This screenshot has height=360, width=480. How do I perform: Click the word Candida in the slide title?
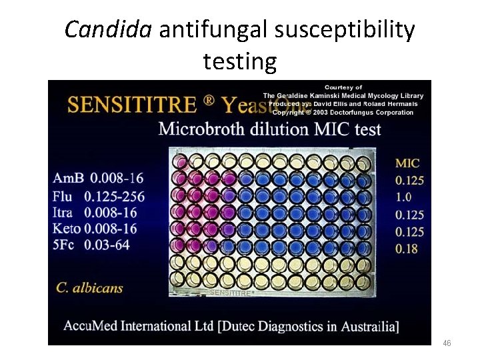[109, 30]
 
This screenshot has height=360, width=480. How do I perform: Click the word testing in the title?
[240, 61]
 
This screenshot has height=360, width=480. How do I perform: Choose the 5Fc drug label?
[66, 245]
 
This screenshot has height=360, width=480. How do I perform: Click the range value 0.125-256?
[114, 196]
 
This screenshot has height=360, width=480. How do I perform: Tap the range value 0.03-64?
[109, 245]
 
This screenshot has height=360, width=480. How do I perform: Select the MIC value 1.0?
[403, 197]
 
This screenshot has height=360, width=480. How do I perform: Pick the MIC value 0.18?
[406, 249]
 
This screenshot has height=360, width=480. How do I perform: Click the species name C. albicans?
[89, 288]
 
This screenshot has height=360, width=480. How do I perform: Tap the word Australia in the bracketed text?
[363, 326]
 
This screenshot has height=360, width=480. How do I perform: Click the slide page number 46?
[447, 343]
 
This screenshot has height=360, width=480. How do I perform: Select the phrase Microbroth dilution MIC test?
[269, 128]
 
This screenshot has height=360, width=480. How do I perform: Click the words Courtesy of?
[343, 87]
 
